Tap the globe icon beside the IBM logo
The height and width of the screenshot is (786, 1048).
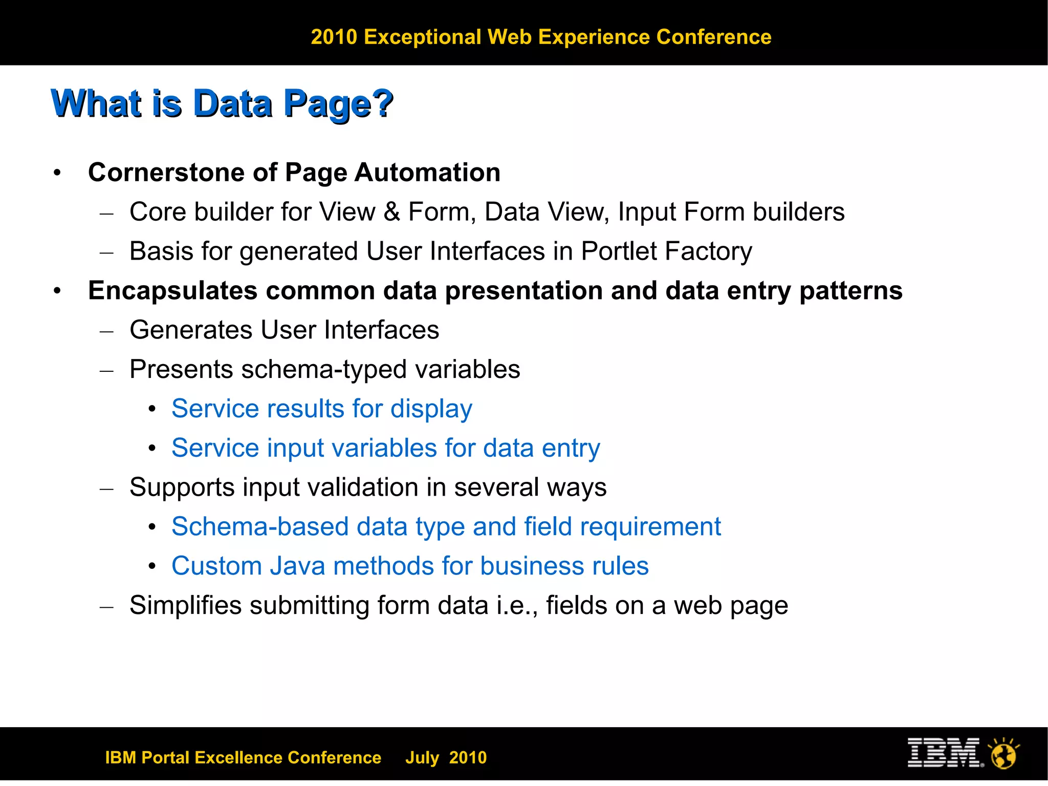(x=1004, y=754)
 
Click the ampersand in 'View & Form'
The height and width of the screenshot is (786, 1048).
(x=391, y=211)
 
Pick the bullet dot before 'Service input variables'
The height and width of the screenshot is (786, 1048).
(x=152, y=449)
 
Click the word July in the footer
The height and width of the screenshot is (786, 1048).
(x=422, y=757)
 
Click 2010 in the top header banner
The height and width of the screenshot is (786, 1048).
(x=334, y=37)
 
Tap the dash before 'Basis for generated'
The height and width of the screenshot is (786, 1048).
(x=106, y=252)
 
